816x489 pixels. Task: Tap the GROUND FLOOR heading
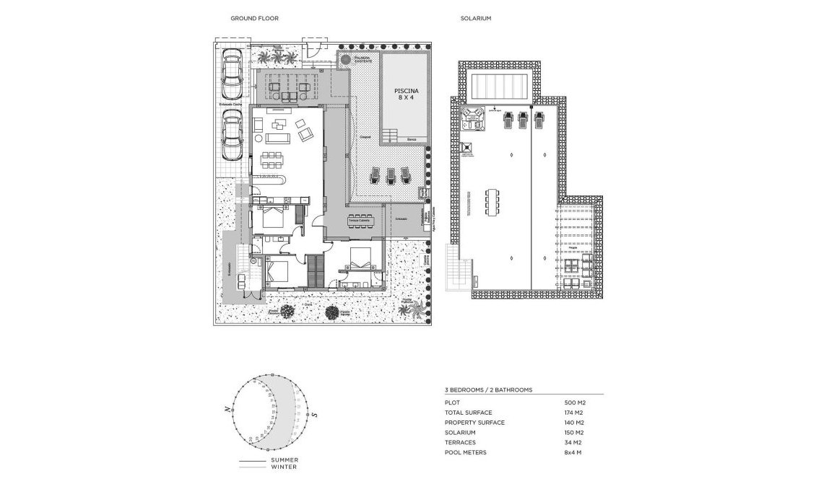click(254, 18)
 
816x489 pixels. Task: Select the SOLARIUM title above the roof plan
click(475, 18)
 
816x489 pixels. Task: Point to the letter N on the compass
click(227, 409)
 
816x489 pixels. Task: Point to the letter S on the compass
click(316, 415)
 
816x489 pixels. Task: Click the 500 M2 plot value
click(574, 402)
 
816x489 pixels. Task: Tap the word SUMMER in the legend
click(285, 459)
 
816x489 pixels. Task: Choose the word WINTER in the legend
click(283, 467)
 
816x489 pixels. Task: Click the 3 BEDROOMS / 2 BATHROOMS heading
click(488, 389)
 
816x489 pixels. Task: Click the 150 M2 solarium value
click(574, 432)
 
